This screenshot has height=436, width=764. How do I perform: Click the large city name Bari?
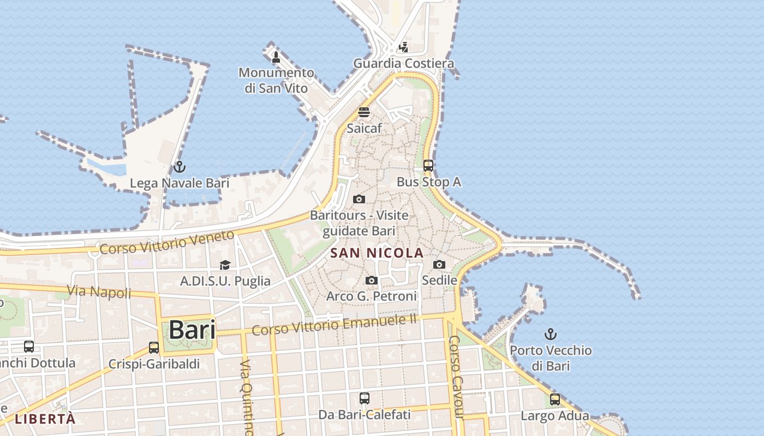click(x=192, y=330)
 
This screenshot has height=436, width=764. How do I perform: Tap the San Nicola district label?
click(x=377, y=253)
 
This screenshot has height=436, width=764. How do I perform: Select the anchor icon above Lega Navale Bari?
click(x=180, y=167)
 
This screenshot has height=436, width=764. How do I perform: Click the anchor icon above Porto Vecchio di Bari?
click(x=551, y=334)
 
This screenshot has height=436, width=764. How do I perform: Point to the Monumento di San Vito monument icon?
click(x=276, y=57)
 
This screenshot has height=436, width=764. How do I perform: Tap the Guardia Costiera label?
click(x=403, y=63)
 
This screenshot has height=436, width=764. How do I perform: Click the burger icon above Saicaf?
click(x=364, y=112)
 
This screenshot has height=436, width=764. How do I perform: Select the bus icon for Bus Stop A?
click(x=428, y=165)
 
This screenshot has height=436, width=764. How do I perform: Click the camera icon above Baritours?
click(x=359, y=199)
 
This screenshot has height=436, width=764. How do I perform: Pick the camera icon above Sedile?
click(x=439, y=264)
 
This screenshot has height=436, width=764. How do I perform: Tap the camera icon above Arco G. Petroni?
click(x=372, y=280)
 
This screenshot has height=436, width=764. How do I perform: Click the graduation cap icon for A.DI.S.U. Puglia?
click(x=225, y=265)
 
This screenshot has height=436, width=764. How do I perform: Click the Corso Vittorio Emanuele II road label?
click(x=334, y=324)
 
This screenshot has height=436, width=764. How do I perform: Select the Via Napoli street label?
click(x=99, y=292)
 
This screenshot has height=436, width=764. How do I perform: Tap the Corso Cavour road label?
click(x=456, y=376)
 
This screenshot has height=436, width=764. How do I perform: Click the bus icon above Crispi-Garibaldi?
click(x=154, y=347)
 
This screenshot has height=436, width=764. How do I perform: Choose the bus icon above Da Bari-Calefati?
click(x=365, y=398)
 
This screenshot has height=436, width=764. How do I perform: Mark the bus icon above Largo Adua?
click(x=555, y=399)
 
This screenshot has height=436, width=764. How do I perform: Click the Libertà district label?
click(x=45, y=419)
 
